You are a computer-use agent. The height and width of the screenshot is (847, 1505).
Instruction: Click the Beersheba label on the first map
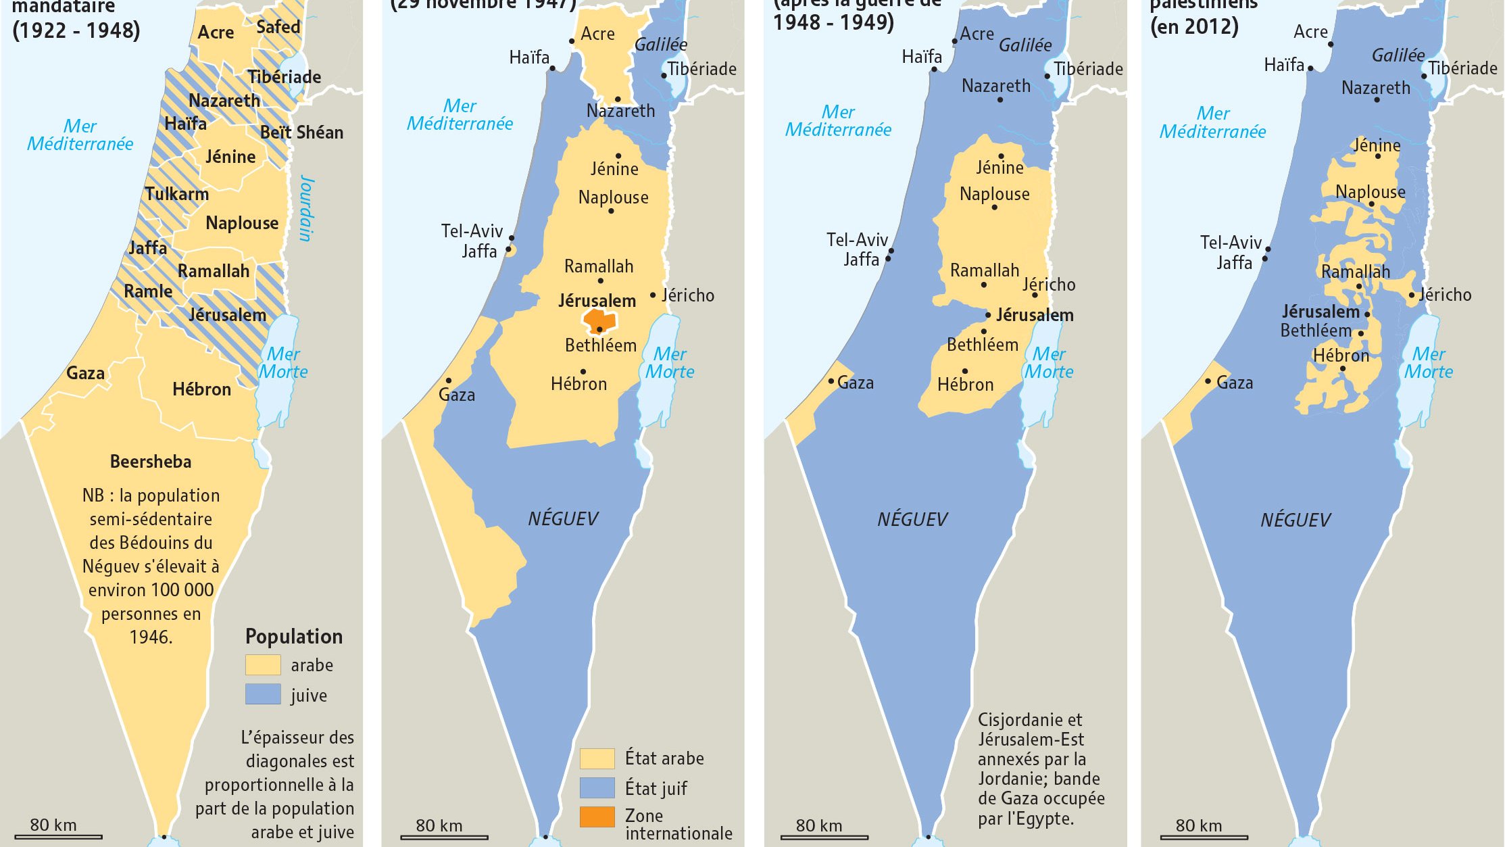click(151, 462)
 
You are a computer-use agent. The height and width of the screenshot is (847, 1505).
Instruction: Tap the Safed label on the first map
click(278, 27)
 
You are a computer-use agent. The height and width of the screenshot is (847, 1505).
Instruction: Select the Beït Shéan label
click(301, 132)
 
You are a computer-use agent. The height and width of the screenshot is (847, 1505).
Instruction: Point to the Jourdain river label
click(306, 208)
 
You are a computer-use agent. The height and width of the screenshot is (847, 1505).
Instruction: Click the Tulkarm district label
click(176, 194)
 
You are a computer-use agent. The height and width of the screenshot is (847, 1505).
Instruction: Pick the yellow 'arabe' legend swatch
click(263, 664)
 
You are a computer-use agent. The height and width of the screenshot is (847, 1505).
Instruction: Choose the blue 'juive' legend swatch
click(263, 694)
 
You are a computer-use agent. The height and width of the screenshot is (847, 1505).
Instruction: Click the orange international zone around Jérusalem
click(599, 320)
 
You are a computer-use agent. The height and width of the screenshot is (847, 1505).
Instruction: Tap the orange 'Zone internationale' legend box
click(597, 817)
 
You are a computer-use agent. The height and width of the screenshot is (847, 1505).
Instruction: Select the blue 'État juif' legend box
click(597, 788)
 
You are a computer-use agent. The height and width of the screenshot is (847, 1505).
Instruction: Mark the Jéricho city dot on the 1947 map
click(653, 295)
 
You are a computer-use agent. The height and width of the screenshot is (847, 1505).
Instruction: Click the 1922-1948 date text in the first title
click(76, 30)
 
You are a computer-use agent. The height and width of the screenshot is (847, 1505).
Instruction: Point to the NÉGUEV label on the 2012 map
click(1295, 520)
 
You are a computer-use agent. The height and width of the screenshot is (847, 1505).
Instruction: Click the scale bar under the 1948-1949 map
click(824, 837)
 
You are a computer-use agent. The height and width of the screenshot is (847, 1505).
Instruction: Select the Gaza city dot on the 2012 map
click(1208, 381)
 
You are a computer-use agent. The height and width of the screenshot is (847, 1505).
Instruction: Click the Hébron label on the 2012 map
click(1341, 356)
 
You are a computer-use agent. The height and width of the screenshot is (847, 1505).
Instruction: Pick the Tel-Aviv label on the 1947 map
click(472, 231)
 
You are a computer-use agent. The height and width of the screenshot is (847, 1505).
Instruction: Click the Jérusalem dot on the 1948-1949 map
click(988, 315)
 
